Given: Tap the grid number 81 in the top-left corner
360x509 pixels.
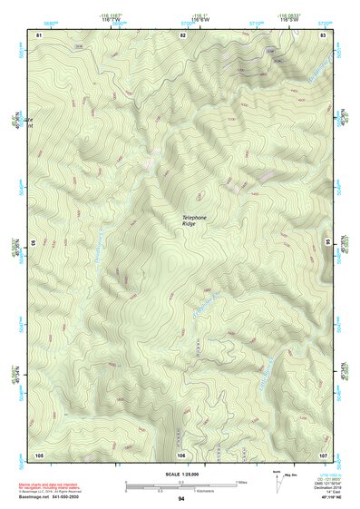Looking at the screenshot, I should click(x=39, y=34).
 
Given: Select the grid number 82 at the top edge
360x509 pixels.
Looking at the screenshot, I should click(x=182, y=34).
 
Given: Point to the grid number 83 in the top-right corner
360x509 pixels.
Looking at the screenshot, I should click(x=324, y=34).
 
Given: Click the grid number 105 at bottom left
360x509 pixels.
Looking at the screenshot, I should click(x=39, y=454).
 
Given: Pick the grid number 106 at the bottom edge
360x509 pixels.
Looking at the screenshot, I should click(x=181, y=454).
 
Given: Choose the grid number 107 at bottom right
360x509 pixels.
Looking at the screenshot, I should click(x=323, y=454).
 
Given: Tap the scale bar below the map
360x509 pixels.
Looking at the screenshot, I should click(x=180, y=486).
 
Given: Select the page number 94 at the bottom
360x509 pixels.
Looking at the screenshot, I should click(x=181, y=500).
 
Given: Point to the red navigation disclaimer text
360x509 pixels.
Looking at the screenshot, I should click(x=54, y=488).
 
